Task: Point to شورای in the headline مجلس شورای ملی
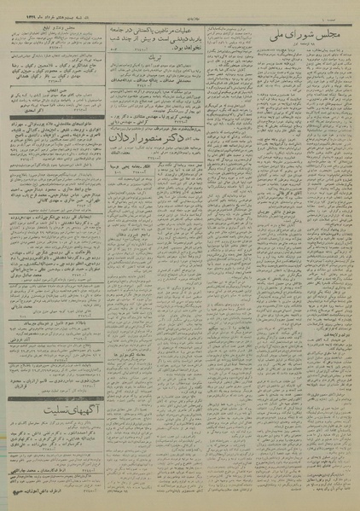[303, 36]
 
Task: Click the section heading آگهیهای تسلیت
[54, 404]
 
